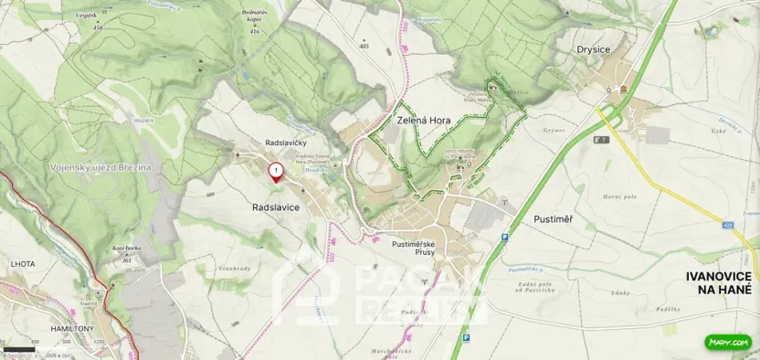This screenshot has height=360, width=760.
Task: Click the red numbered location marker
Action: tap(274, 171)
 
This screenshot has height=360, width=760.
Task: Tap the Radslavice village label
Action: tap(275, 208)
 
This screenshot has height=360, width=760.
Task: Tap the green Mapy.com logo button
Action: tap(728, 343)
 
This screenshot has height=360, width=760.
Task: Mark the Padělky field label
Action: tap(670, 309)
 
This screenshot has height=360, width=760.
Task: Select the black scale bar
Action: tap(18, 350)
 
